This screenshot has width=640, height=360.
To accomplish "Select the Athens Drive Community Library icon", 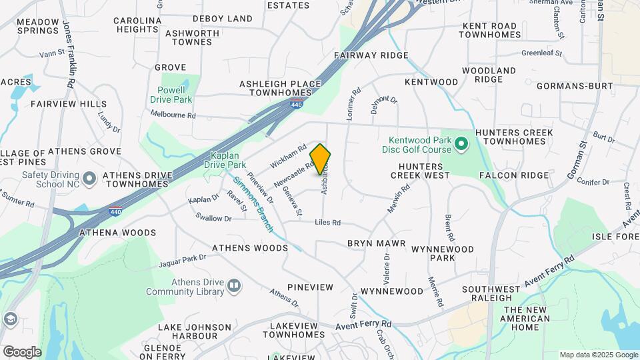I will (233, 286).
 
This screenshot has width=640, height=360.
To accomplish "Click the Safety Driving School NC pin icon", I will (91, 177).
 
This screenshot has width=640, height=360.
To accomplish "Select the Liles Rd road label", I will (327, 223).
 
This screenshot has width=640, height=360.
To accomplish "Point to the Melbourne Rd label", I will (173, 115).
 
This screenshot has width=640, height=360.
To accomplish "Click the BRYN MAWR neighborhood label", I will (376, 243).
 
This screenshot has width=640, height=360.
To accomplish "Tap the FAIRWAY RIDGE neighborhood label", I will (371, 55).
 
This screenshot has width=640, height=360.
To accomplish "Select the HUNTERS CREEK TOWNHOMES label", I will (519, 137).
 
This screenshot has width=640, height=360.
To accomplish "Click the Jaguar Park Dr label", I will (183, 261).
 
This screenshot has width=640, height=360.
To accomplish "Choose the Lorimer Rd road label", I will (353, 103).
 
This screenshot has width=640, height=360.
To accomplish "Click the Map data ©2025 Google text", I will (597, 355).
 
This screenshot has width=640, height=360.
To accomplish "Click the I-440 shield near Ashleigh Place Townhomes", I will (297, 103).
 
